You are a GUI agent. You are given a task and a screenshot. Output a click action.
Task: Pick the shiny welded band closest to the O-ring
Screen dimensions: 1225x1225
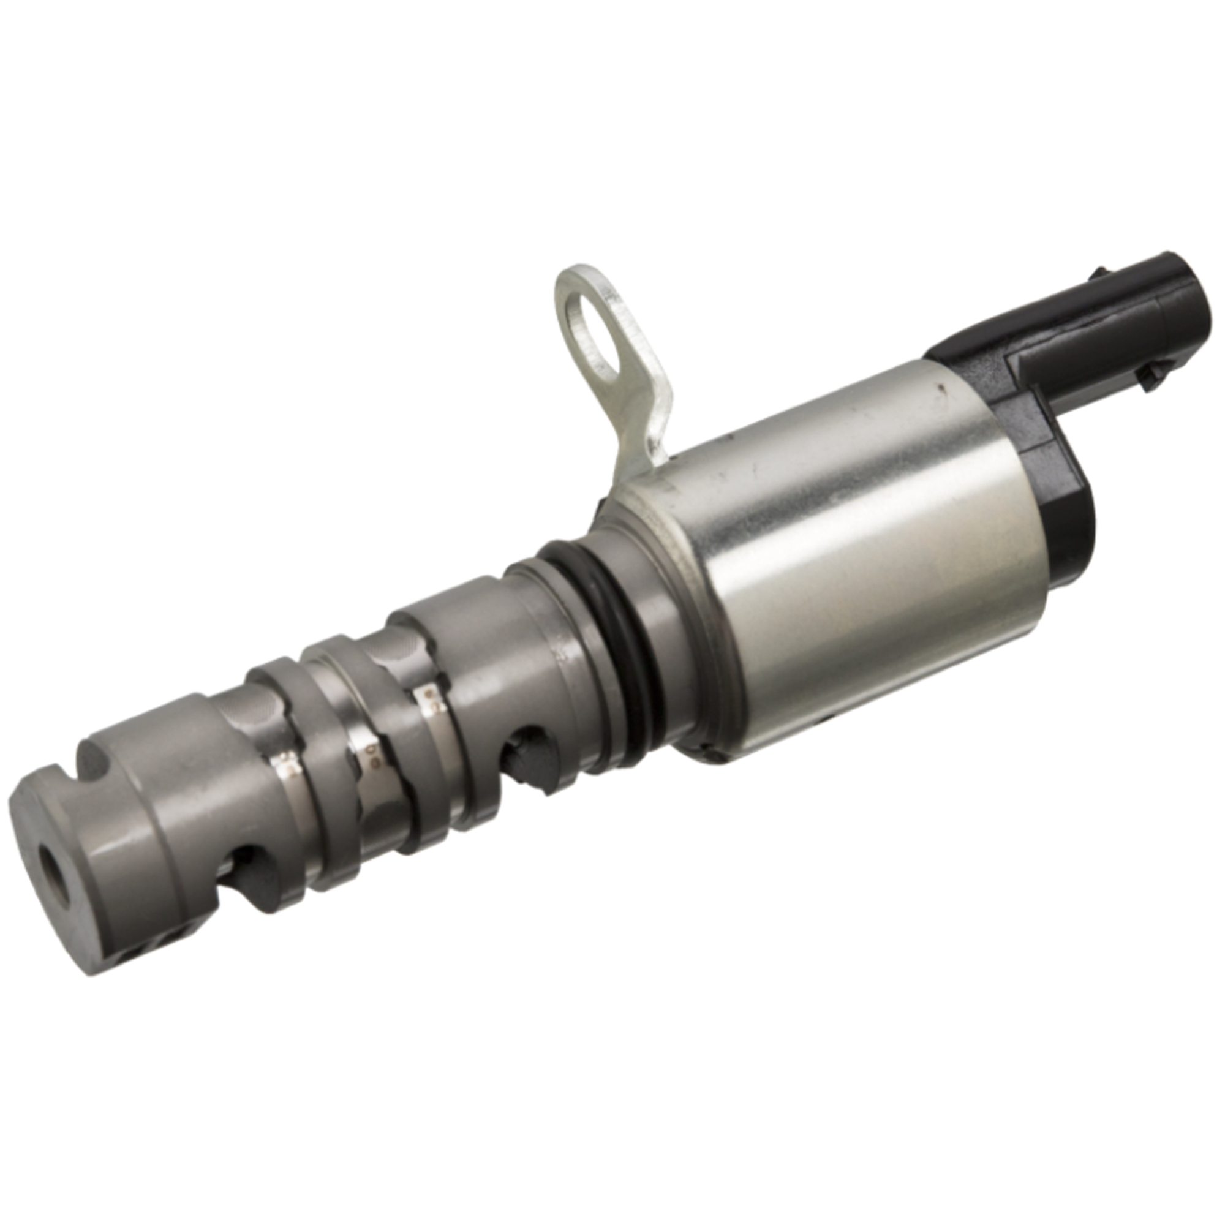point(429,698)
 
